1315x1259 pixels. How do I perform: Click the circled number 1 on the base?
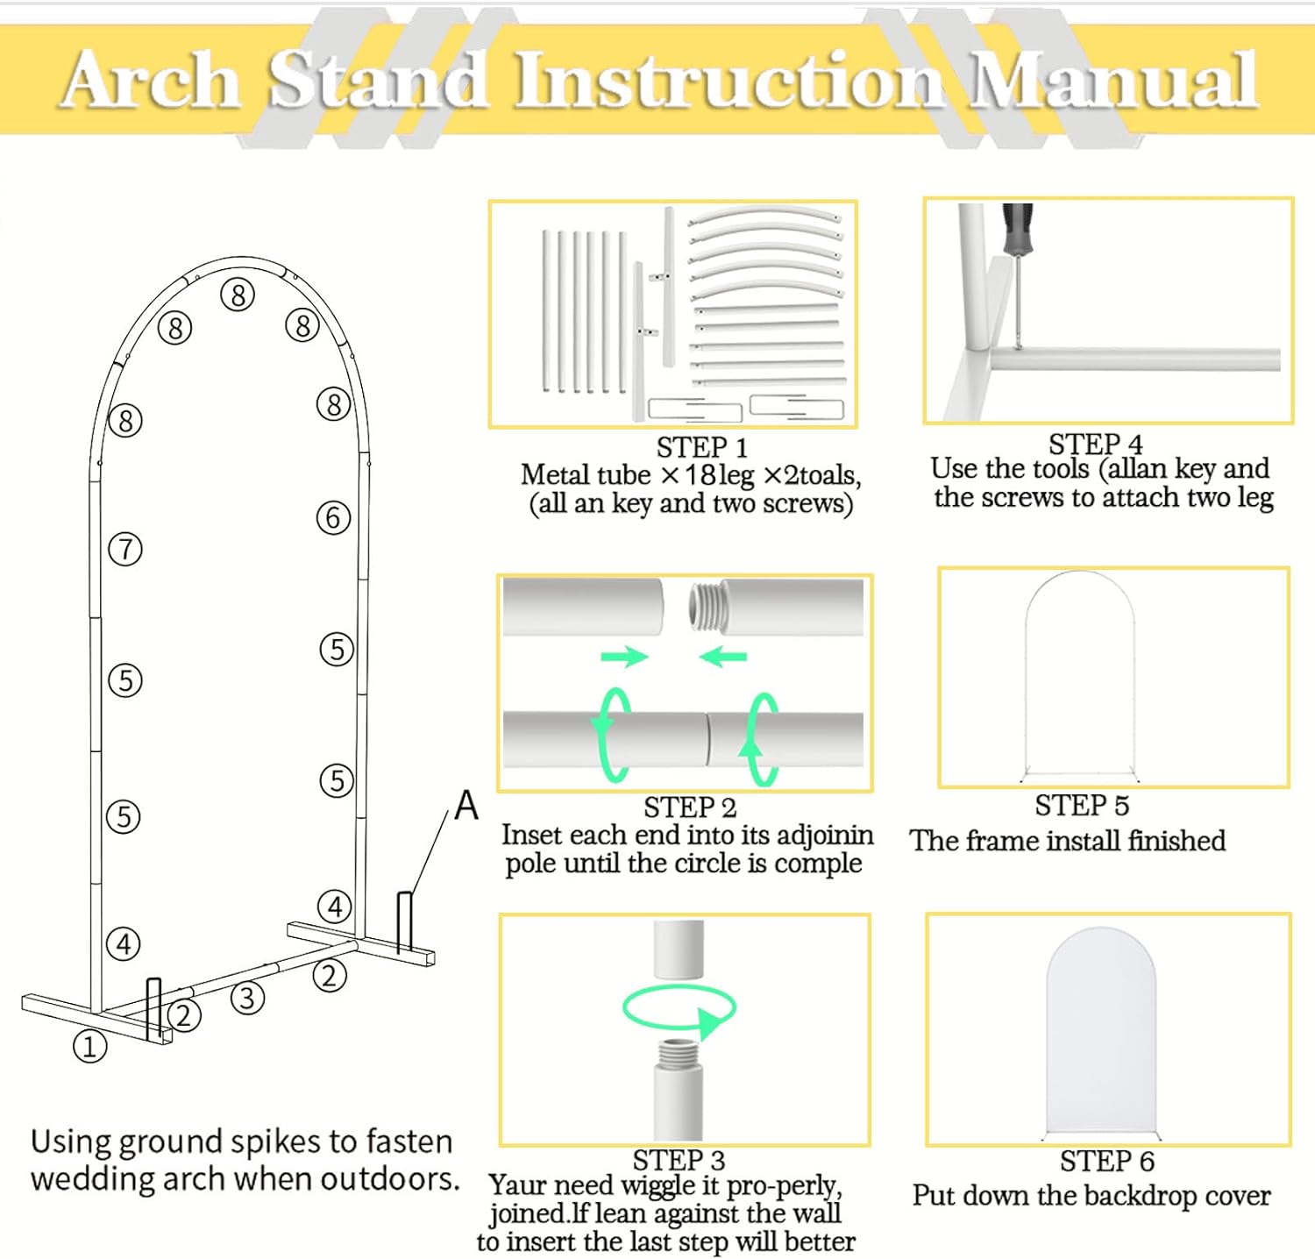coord(89,1045)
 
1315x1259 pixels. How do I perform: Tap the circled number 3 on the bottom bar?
coord(247,998)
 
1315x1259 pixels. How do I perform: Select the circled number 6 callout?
coord(333,517)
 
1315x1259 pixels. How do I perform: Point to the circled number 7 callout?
coord(125,550)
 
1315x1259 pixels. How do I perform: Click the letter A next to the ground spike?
coord(466,805)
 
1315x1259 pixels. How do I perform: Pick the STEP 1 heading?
coord(701,448)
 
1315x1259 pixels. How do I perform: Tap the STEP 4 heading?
coord(1095,444)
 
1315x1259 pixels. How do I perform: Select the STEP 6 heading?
coord(1106,1161)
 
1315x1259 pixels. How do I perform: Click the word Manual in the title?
coord(1113,81)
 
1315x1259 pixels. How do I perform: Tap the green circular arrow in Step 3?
coord(679,1009)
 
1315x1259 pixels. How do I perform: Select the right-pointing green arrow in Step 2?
coord(624,656)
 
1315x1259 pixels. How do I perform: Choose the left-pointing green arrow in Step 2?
coord(723,656)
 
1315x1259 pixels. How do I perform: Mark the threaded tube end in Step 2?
coord(703,606)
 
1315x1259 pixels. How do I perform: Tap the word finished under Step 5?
coord(1176,841)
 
